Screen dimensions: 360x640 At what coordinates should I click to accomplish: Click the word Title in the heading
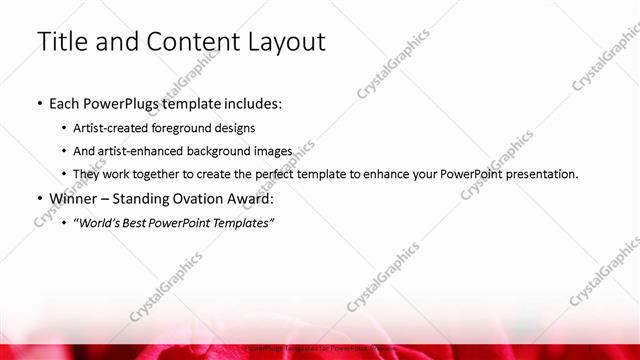pos(63,42)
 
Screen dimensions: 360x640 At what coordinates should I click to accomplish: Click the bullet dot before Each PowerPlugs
pos(39,103)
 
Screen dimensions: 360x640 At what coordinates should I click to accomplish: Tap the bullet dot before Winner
pos(39,198)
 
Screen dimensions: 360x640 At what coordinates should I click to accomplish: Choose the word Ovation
pos(200,198)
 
